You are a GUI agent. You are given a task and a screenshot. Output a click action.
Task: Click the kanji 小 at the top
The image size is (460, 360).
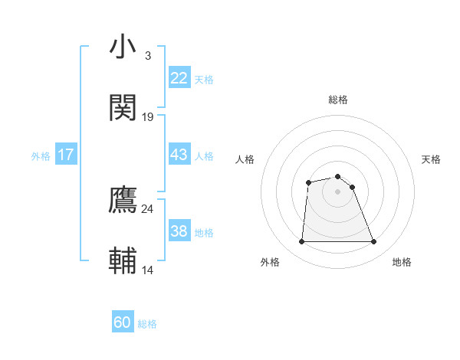(x=123, y=47)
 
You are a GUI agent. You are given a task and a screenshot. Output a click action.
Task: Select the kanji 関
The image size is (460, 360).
(x=123, y=107)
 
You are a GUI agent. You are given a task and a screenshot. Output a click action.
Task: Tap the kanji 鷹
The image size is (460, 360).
(x=123, y=199)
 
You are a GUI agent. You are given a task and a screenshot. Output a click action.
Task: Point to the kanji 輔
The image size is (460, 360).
(x=123, y=260)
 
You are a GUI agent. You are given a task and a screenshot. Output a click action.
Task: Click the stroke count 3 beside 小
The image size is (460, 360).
(x=148, y=56)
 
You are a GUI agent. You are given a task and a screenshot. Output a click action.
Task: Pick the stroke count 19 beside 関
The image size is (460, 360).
(x=148, y=117)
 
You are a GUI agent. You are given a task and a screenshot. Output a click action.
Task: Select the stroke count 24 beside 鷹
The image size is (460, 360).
(x=148, y=208)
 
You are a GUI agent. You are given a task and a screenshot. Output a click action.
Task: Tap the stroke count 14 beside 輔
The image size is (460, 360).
(x=148, y=270)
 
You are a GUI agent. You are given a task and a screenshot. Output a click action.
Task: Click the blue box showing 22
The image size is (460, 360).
(x=179, y=78)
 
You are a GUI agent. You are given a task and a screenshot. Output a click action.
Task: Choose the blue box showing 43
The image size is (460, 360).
(x=179, y=155)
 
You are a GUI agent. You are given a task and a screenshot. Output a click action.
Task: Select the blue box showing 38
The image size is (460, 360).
(x=179, y=231)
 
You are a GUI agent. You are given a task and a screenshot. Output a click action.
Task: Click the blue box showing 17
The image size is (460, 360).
(x=66, y=155)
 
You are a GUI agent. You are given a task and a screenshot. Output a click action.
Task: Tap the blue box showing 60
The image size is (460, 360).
(x=123, y=322)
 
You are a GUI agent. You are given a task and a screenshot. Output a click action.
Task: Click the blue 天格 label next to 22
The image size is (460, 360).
(x=204, y=80)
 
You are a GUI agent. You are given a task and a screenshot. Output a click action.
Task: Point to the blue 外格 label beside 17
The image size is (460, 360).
(x=41, y=156)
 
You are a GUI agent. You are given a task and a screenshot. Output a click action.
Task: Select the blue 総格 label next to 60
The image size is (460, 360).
(x=147, y=324)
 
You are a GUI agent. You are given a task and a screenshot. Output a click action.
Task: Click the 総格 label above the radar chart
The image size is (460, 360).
(x=337, y=100)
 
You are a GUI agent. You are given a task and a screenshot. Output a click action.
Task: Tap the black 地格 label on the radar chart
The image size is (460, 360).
(x=402, y=262)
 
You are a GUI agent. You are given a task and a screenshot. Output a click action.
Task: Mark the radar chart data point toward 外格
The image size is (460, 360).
(x=301, y=242)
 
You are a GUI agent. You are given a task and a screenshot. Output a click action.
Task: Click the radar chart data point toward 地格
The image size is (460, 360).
(x=373, y=242)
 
